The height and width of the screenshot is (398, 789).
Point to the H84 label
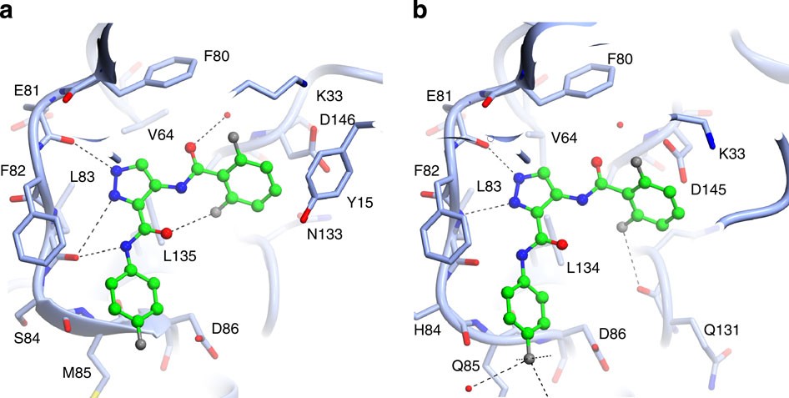(427, 318)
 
